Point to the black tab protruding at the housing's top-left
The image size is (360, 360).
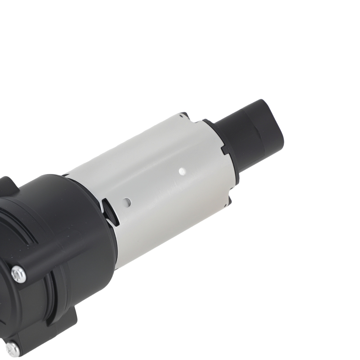[9, 185]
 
